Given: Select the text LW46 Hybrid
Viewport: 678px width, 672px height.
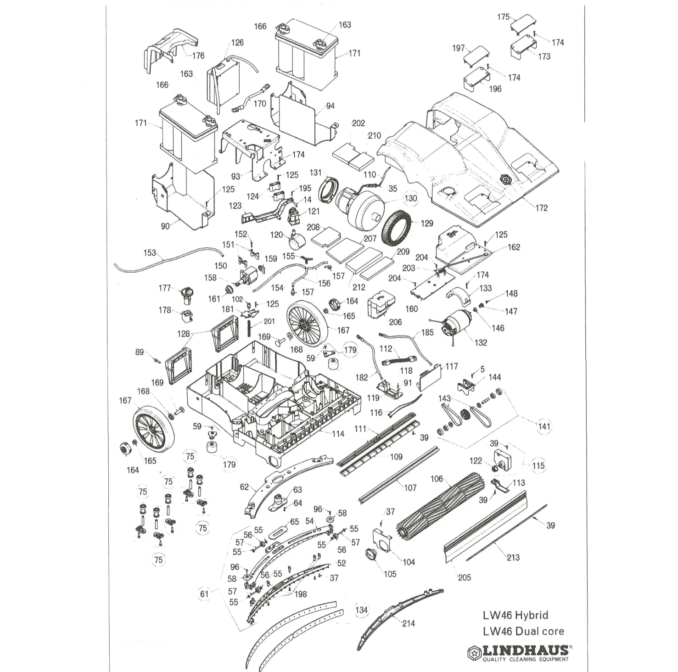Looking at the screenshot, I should [515, 615].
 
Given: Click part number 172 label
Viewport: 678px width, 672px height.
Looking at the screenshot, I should [541, 208].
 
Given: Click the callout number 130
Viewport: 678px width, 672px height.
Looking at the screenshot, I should [410, 198].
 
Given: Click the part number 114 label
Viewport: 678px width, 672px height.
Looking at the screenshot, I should [338, 434].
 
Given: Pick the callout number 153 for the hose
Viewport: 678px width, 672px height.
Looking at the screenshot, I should [150, 253].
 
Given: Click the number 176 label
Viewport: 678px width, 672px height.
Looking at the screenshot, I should [198, 56].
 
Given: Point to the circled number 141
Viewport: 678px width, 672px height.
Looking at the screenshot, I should [544, 426].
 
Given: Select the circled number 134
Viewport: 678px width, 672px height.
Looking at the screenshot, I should [361, 610].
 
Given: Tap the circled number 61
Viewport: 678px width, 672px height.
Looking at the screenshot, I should [204, 594].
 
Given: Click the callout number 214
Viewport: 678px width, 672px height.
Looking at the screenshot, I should [408, 623].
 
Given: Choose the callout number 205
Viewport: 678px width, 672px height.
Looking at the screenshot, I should [464, 577].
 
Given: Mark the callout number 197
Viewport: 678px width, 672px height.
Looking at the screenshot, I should [458, 48].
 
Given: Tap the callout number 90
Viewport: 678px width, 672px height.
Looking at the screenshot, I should [165, 226].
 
